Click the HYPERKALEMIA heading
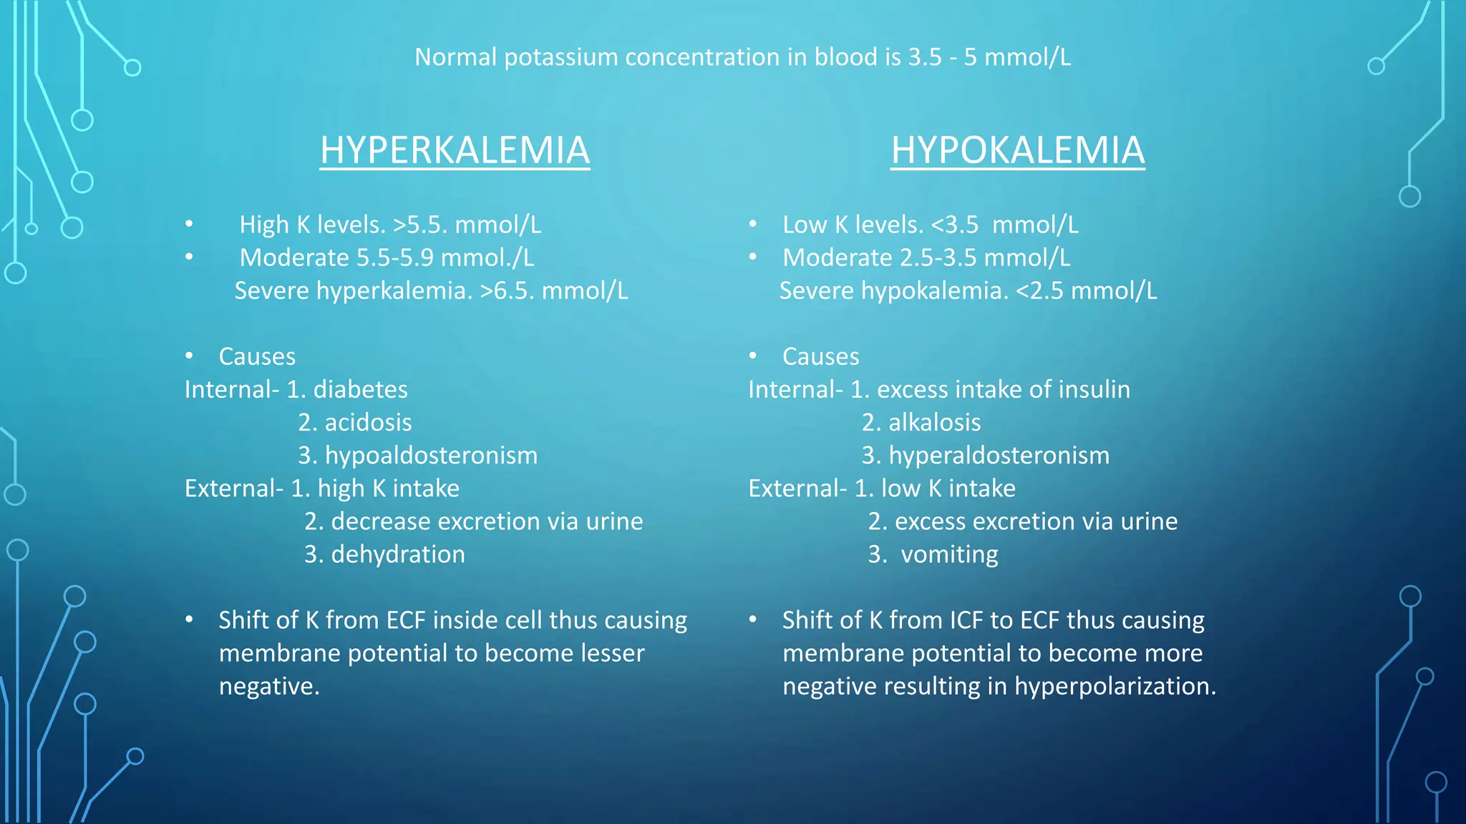coord(455,150)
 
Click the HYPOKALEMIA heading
coord(1017,150)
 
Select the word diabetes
coord(360,390)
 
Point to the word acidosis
coord(368,423)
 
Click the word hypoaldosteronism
coord(431,456)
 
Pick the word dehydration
coord(398,554)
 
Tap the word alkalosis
coord(934,423)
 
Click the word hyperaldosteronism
coord(999,456)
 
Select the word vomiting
coord(949,554)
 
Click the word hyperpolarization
coord(1115,687)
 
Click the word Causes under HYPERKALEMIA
coord(257,357)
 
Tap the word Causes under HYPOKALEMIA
coord(820,357)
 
